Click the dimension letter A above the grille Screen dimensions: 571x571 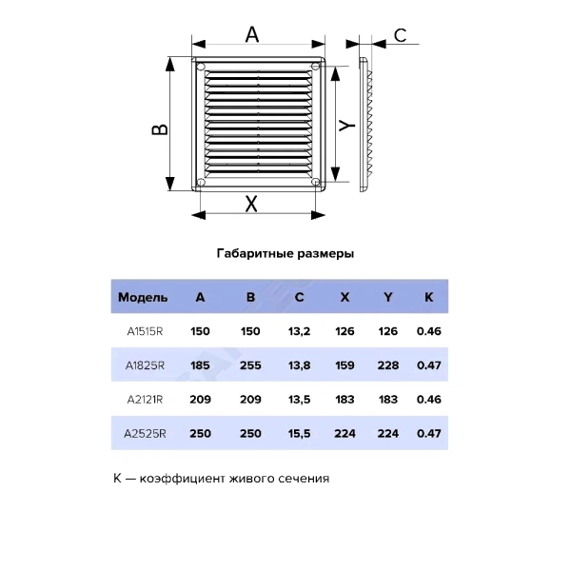[252, 35]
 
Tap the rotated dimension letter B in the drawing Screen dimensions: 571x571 [160, 129]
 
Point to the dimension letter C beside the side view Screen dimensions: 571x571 [401, 36]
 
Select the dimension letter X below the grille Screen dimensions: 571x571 [251, 204]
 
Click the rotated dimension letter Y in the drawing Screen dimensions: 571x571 [347, 125]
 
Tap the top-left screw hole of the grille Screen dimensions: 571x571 [201, 67]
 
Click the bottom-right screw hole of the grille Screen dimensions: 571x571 [316, 182]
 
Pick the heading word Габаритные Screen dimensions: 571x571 [255, 253]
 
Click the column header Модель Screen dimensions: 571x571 [143, 298]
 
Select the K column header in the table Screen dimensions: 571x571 [428, 297]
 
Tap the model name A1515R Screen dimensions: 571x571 [145, 331]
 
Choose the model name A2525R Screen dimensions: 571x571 [145, 434]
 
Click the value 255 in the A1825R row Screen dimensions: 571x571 [250, 365]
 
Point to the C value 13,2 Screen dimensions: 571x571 [299, 331]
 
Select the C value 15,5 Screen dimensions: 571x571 [299, 434]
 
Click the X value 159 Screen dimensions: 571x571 [345, 365]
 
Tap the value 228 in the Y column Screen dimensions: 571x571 [388, 365]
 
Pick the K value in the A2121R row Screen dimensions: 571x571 [429, 400]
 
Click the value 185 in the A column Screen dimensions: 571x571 [200, 365]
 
